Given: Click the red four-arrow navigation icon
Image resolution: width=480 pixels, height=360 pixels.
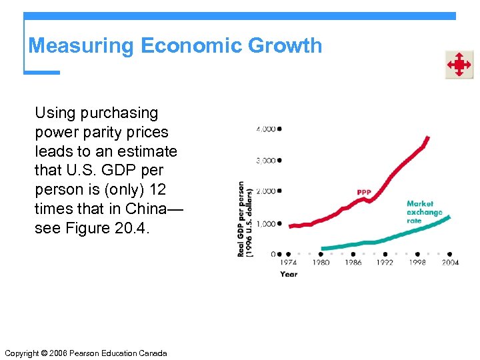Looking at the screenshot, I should [459, 65].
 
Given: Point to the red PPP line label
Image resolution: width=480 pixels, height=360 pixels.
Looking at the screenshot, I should [364, 193].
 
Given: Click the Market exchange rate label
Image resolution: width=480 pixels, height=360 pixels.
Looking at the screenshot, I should [424, 212].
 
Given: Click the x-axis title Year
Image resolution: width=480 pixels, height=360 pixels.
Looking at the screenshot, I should [289, 274].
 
